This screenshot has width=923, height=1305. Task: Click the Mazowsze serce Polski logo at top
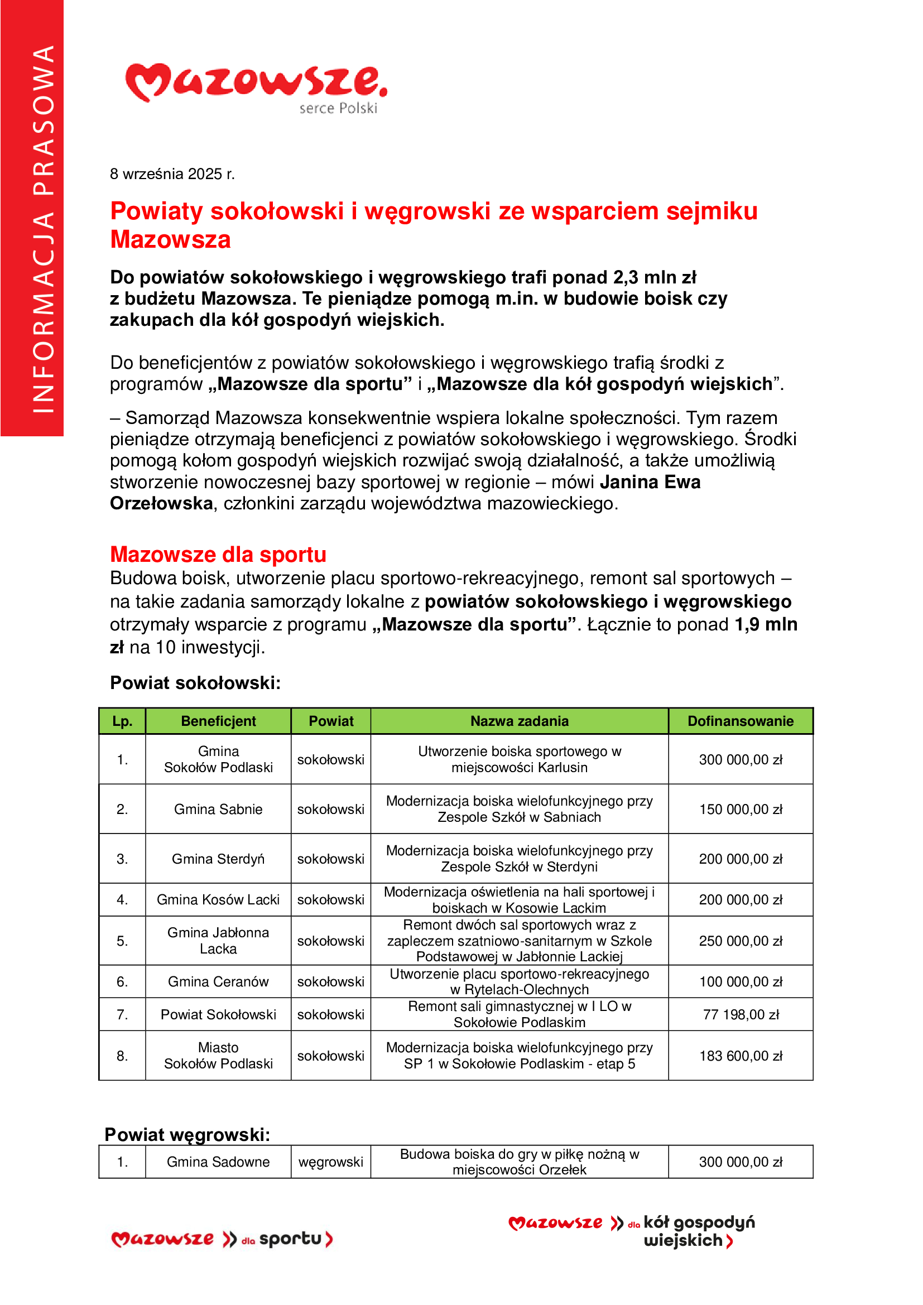coord(256,88)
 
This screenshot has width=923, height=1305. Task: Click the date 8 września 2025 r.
coord(172,174)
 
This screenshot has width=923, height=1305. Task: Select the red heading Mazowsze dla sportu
coord(218,554)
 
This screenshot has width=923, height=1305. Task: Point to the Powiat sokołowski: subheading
coord(195,682)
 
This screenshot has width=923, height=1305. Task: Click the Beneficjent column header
coord(218,721)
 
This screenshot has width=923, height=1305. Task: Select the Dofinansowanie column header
coord(740,721)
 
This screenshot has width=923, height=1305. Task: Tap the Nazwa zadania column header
coord(519,721)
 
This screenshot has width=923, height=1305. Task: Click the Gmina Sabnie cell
coord(218,809)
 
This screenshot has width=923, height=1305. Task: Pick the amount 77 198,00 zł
coord(741,1014)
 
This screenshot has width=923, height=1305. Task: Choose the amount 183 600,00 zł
coord(741,1056)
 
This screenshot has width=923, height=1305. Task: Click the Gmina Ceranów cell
coord(218,981)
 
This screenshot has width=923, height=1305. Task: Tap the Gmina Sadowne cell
coord(218,1162)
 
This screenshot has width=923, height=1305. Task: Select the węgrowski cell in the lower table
coord(331,1162)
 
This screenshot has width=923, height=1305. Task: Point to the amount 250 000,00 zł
coord(741,941)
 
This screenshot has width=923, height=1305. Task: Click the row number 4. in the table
coord(122,900)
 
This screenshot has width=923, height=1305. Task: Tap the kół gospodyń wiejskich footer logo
coord(632,1231)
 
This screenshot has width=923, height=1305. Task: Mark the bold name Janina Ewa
coord(650,482)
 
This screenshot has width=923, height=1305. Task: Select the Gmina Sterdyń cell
coord(218,859)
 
